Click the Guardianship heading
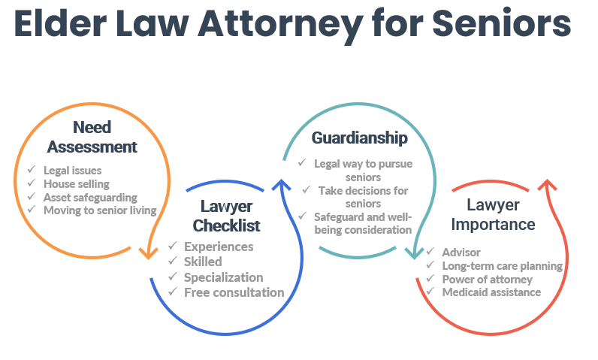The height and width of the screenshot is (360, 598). pyautogui.click(x=360, y=138)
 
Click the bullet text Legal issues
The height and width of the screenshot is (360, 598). pyautogui.click(x=72, y=171)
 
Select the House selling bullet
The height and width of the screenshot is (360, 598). pyautogui.click(x=77, y=183)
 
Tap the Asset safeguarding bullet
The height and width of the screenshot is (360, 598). pyautogui.click(x=90, y=197)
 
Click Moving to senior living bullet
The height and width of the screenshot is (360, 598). pyautogui.click(x=100, y=210)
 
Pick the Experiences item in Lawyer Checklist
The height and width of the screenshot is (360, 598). pyautogui.click(x=219, y=247)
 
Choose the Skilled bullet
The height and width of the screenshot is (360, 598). pyautogui.click(x=203, y=262)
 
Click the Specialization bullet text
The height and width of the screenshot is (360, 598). pyautogui.click(x=223, y=277)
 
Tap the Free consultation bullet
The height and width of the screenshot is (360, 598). pyautogui.click(x=234, y=292)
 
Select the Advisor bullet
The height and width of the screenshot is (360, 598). pyautogui.click(x=461, y=253)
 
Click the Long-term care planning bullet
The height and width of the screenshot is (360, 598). pyautogui.click(x=502, y=265)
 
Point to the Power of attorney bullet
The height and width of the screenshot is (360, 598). pyautogui.click(x=487, y=279)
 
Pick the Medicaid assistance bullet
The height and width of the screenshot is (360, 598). pyautogui.click(x=491, y=292)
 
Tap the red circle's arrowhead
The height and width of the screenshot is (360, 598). pyautogui.click(x=548, y=186)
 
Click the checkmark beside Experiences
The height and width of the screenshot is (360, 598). pyautogui.click(x=172, y=247)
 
